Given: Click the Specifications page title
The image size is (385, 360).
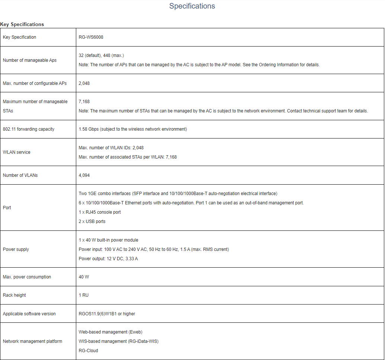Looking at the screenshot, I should coord(192,6).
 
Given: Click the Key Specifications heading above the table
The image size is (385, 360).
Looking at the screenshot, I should coord(22,24).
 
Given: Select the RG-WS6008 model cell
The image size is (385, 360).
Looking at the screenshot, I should coord(91,37).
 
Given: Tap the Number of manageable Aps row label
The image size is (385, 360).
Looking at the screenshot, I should coord(30,60).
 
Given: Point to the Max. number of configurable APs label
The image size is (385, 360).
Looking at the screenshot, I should coord(35,83).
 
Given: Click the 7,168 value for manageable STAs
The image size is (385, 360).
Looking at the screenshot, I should coord(84,102).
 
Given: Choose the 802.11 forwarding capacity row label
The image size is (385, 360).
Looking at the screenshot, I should coord(29,129).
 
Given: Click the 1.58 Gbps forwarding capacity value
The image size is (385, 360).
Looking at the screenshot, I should coord(133,129).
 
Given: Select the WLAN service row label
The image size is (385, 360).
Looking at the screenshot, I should coord(17,152).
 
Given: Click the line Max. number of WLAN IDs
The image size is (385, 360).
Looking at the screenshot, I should coord(111,148).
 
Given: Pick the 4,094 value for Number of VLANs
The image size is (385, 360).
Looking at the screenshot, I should coord(84,175).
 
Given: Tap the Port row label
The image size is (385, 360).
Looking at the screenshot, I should coord(7,208).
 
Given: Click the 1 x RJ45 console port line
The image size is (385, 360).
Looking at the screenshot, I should coord(100,212).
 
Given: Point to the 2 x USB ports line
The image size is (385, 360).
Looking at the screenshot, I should coord(92,222).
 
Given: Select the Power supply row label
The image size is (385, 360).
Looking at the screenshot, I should coord(16,249).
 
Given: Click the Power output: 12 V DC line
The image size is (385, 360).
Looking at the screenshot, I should coord(108,259).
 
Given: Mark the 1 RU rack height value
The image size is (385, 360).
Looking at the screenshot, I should coord(84,295).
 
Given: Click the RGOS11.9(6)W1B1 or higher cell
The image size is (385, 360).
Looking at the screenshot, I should coord(107,314).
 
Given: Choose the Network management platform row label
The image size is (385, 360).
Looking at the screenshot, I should coord(32,341).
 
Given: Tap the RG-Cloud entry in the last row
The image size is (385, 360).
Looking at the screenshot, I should coord(89,351).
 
